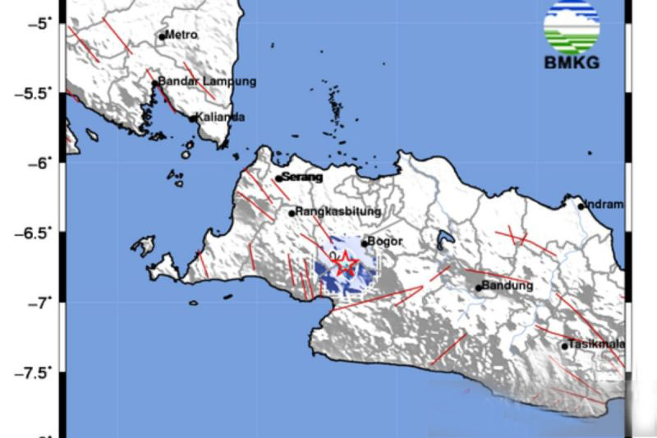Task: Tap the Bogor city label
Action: (x=386, y=242)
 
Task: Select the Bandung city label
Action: (x=508, y=286)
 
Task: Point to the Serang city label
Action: (x=302, y=177)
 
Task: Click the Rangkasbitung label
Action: (x=338, y=211)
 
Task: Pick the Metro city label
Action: (x=181, y=35)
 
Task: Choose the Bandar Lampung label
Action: (x=207, y=81)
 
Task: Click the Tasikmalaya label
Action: (x=597, y=344)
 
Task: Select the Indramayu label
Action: (x=604, y=205)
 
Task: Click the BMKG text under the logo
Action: (x=572, y=62)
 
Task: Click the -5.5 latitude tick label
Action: (x=32, y=93)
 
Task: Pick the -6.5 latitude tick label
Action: (x=32, y=233)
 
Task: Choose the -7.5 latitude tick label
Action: (x=32, y=372)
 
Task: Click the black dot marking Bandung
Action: (x=479, y=288)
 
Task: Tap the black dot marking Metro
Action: (x=163, y=36)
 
